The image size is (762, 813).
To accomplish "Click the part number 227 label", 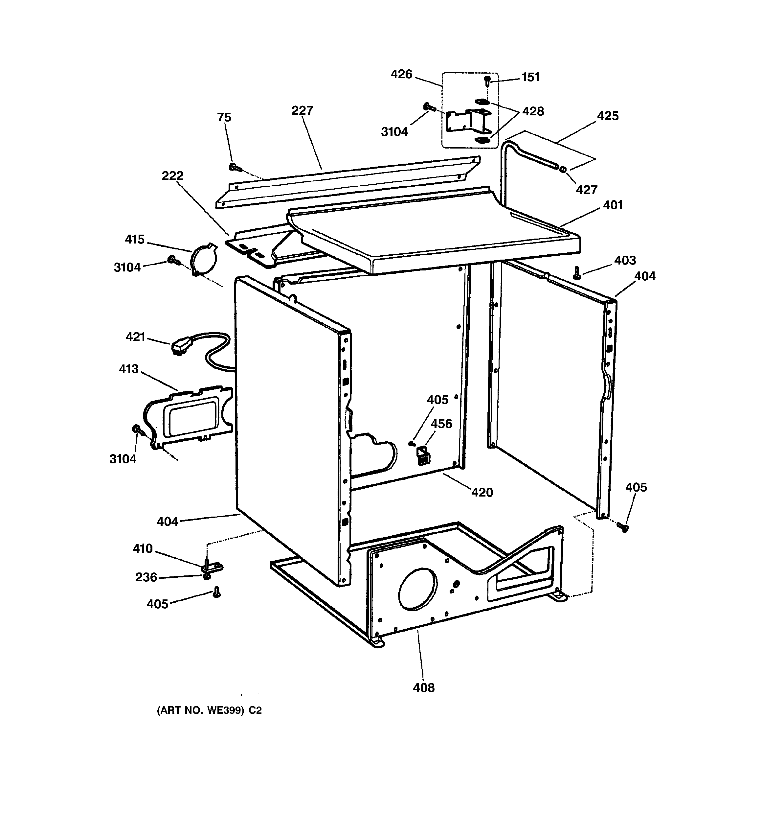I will pyautogui.click(x=302, y=110).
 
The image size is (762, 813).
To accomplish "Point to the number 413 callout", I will pyautogui.click(x=129, y=369).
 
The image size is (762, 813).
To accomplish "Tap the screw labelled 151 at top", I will pyautogui.click(x=487, y=80).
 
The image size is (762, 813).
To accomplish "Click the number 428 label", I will pyautogui.click(x=533, y=111).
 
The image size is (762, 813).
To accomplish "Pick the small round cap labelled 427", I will pyautogui.click(x=563, y=169).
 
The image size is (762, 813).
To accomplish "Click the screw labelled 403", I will pyautogui.click(x=577, y=272).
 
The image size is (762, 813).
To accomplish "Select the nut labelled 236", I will pyautogui.click(x=207, y=577).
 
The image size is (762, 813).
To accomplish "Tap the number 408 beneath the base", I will pyautogui.click(x=423, y=688).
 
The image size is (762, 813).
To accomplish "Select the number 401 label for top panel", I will pyautogui.click(x=612, y=205).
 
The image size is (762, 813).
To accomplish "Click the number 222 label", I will pyautogui.click(x=172, y=176).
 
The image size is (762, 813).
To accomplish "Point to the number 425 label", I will pyautogui.click(x=608, y=116).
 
